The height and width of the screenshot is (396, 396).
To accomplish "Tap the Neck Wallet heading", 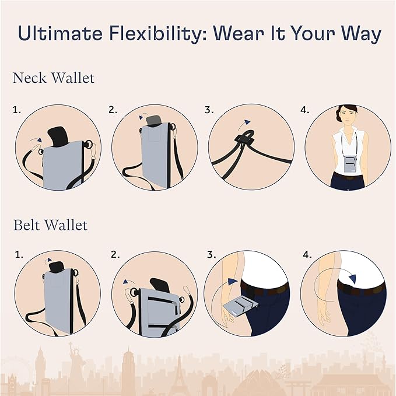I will click(x=53, y=78).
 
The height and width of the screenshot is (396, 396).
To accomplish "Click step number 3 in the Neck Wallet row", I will click(x=208, y=110).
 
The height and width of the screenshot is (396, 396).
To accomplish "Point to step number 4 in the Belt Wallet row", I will click(x=306, y=255).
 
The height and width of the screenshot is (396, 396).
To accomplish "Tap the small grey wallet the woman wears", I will click(x=350, y=165).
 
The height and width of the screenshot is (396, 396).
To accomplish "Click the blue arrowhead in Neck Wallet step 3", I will click(x=247, y=122).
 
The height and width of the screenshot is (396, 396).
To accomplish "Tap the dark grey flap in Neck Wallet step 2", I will click(x=153, y=120).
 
